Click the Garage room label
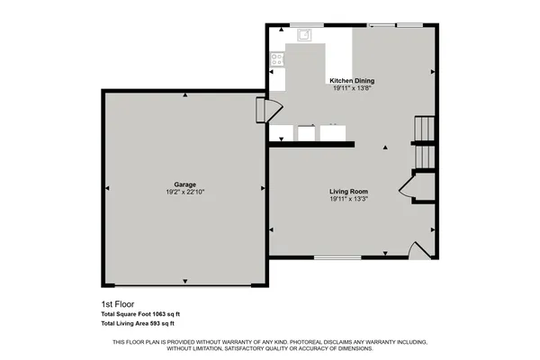pos(185,184)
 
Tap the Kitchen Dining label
pos(352,80)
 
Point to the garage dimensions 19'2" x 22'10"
pos(185,193)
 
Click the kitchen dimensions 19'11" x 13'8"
pos(352,88)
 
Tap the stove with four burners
pos(276,61)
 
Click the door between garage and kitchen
pos(264,109)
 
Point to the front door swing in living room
pos(417,251)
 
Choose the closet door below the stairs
pos(406,188)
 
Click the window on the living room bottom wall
pos(337,259)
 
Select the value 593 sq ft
pos(161,323)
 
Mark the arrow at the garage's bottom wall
pos(185,279)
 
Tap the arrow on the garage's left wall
pos(107,188)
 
